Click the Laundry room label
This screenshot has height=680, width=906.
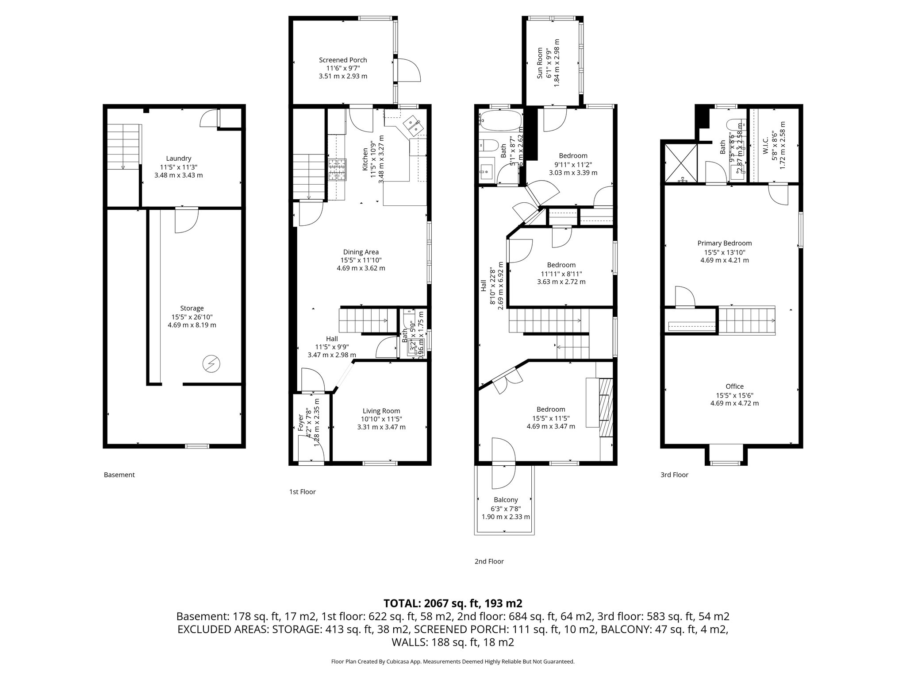[178, 158]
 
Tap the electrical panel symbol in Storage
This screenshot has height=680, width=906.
[211, 363]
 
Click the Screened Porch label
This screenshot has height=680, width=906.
[343, 60]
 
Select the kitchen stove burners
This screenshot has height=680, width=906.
[338, 170]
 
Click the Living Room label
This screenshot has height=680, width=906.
[381, 411]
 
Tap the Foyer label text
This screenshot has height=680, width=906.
[301, 423]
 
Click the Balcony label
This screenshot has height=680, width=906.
[506, 500]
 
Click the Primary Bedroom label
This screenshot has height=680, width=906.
[724, 243]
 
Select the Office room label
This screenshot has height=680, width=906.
[734, 386]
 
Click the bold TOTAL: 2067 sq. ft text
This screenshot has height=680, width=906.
[453, 603]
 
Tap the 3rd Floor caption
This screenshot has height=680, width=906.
[674, 475]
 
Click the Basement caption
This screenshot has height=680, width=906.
[119, 475]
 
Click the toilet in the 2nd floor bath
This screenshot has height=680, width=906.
[486, 145]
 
